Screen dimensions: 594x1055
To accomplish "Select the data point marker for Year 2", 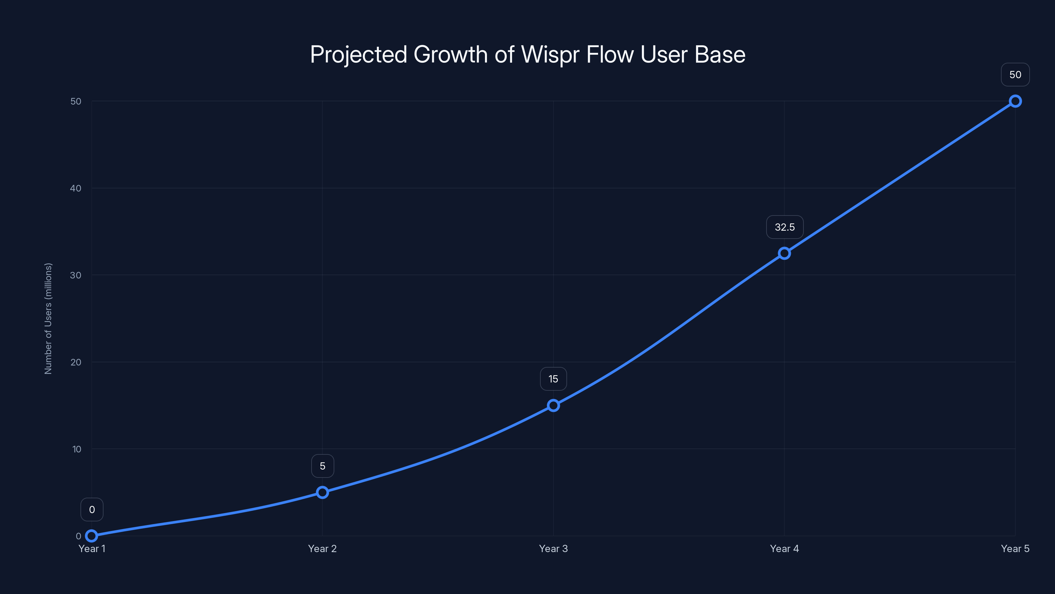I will (x=322, y=492).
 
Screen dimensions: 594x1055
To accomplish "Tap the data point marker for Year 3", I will (x=553, y=406).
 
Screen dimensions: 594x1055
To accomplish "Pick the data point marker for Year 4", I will (x=784, y=253).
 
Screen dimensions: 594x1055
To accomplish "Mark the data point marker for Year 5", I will (x=1015, y=101).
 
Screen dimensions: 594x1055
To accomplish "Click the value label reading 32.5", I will (x=785, y=227).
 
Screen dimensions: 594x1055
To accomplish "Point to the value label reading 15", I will (x=553, y=379).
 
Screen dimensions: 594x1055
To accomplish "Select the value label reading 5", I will (x=323, y=466).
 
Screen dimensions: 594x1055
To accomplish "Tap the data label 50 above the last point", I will (x=1015, y=75).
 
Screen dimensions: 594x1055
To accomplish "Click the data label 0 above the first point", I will (x=92, y=510).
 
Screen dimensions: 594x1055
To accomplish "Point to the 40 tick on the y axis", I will (x=76, y=188).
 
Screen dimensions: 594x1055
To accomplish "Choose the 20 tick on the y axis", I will (x=76, y=362).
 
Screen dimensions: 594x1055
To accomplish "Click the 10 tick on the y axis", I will (x=76, y=449).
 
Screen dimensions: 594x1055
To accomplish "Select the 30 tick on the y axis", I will (x=76, y=275).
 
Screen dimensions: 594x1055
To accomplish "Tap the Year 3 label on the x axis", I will (x=553, y=548).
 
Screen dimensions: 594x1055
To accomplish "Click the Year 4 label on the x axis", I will (x=784, y=548).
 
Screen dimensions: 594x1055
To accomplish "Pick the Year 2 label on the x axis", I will (x=322, y=548).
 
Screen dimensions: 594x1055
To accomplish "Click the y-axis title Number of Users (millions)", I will (x=48, y=318).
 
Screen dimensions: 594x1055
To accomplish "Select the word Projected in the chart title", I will (x=358, y=55).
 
